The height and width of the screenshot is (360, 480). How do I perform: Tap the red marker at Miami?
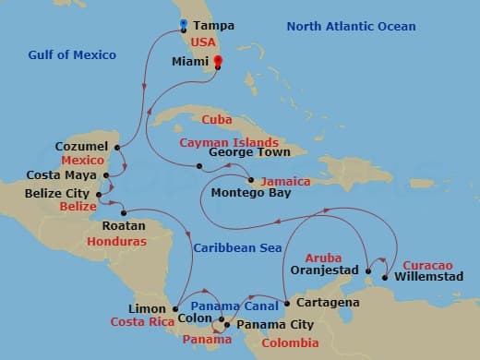(219, 63)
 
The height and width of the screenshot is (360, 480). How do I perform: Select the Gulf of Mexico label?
(72, 55)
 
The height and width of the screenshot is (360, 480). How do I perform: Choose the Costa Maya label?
(64, 175)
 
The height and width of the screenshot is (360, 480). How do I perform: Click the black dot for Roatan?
(123, 212)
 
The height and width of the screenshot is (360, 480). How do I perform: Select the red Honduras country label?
(116, 242)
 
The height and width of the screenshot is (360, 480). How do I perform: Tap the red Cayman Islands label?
(229, 143)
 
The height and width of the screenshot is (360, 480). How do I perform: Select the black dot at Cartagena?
(286, 303)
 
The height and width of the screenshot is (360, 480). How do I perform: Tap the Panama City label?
(275, 325)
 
